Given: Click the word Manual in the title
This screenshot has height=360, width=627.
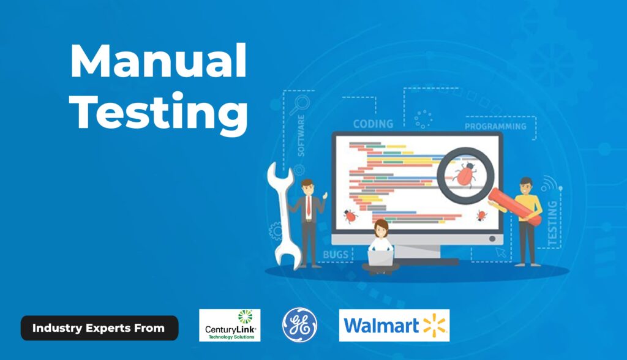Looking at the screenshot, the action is click(159, 61).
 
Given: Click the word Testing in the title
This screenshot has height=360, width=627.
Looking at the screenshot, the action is click(159, 112).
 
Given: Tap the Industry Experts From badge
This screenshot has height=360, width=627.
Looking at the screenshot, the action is click(99, 328).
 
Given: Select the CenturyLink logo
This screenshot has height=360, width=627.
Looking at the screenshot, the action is click(230, 325).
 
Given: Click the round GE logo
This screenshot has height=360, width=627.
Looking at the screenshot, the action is click(299, 325).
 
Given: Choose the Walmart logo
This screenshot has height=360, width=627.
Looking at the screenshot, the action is click(394, 325).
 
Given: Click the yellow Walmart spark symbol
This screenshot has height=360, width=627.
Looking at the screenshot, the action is click(434, 325).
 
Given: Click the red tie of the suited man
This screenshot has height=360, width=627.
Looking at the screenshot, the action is click(309, 206).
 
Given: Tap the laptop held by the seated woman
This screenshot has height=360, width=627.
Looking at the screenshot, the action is click(380, 258).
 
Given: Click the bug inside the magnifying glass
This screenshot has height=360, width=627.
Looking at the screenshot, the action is click(465, 175).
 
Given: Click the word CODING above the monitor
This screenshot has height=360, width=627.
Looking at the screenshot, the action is click(373, 124).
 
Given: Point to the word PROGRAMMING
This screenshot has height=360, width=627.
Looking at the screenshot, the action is click(495, 126).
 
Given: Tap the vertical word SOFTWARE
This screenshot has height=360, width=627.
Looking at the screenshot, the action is click(301, 135).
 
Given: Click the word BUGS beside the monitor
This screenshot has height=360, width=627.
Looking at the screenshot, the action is click(336, 255).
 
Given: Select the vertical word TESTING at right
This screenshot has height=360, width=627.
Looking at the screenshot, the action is click(552, 223).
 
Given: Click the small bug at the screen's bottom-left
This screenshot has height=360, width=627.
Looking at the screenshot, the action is click(350, 216).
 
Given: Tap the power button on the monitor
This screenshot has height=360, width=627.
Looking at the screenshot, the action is click(492, 239).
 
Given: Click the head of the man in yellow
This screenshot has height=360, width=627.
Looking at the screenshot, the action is click(526, 186).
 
